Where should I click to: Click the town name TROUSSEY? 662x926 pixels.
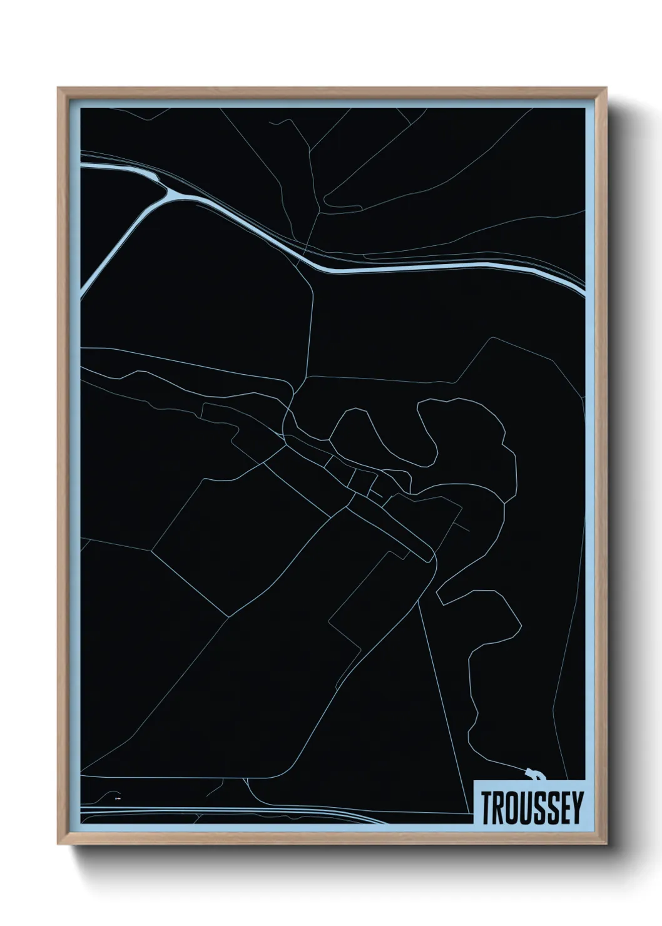tap(531, 808)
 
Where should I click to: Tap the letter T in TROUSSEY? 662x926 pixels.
tap(487, 808)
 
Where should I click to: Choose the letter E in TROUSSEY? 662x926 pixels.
tap(564, 808)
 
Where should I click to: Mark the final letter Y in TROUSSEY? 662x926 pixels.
tap(576, 808)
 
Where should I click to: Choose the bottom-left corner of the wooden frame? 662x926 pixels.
tap(59, 845)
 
